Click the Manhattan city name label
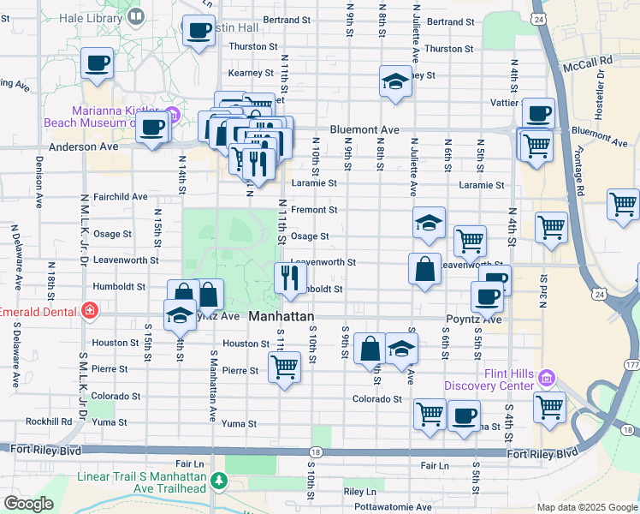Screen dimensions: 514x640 point(281,317)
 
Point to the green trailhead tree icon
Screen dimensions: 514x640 point(220,481)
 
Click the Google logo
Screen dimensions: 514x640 point(28,504)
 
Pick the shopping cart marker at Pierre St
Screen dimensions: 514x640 point(284,368)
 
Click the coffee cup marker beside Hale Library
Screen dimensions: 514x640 point(199,31)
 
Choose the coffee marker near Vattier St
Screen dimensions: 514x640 point(538,113)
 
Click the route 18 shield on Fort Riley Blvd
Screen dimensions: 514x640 point(316,451)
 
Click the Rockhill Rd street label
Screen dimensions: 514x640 point(49,421)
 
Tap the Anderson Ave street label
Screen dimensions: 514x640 point(83,146)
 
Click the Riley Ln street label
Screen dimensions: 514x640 point(359,492)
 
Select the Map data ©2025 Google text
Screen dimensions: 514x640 point(586,506)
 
